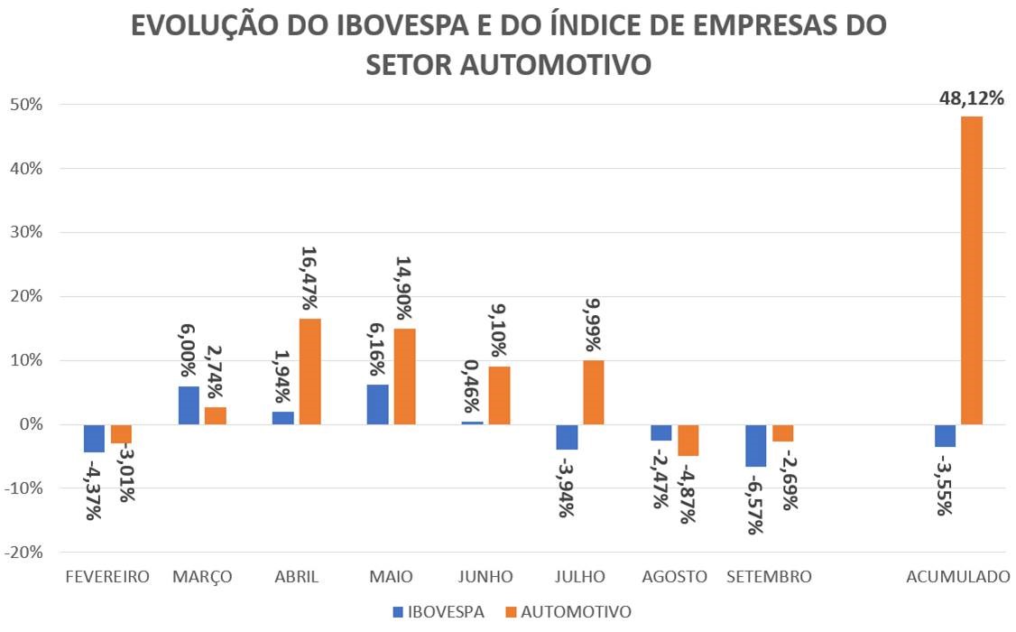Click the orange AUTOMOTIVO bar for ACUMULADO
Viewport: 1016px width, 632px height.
click(x=972, y=270)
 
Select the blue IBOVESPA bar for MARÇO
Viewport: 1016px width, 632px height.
click(x=189, y=405)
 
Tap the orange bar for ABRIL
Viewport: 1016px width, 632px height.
click(x=309, y=371)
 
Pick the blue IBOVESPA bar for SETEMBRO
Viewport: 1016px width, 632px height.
click(x=755, y=445)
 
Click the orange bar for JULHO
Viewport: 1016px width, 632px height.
click(x=593, y=393)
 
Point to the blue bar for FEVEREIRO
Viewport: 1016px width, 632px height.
click(x=94, y=438)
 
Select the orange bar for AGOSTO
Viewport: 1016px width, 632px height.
click(x=688, y=440)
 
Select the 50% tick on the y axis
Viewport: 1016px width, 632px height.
click(x=26, y=105)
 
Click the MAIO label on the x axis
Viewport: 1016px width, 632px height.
click(x=391, y=577)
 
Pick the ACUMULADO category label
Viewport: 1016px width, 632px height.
click(x=958, y=577)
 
